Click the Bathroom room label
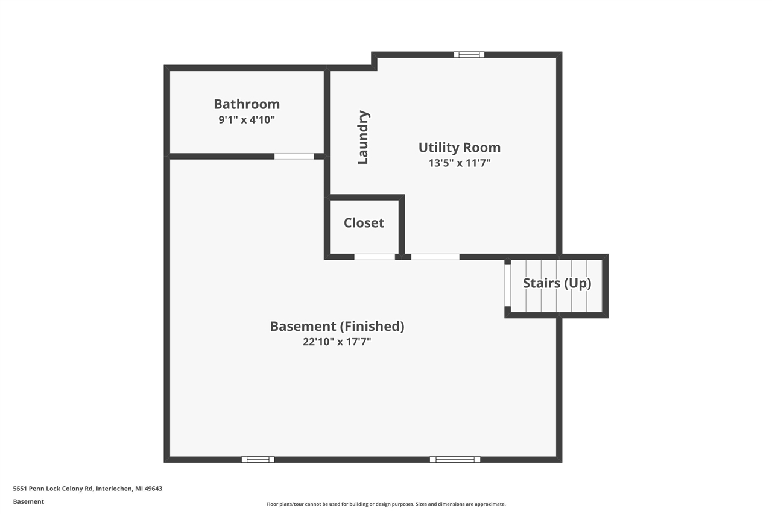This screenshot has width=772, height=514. tap(247, 104)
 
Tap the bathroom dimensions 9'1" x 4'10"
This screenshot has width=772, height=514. tap(247, 120)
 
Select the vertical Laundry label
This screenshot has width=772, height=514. tap(363, 137)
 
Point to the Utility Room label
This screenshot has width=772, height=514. tap(460, 148)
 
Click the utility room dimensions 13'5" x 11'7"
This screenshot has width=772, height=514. tap(460, 163)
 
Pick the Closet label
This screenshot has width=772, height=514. tap(364, 223)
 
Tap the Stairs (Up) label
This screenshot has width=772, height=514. tap(557, 283)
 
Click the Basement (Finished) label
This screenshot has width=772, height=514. tap(337, 327)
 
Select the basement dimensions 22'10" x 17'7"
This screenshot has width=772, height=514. tap(337, 342)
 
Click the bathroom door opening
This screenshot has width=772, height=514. tap(294, 157)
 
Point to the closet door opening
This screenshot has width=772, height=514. tap(375, 257)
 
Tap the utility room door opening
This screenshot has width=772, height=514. tap(435, 257)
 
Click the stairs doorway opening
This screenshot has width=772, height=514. tap(508, 285)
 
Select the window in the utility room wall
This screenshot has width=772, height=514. tap(469, 55)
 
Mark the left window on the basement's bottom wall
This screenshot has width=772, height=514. tap(258, 459)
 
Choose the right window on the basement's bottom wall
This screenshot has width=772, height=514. tap(455, 459)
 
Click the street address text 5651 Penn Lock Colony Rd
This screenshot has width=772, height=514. tap(53, 489)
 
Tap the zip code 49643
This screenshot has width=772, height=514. tap(153, 489)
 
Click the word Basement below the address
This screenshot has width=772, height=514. tap(28, 501)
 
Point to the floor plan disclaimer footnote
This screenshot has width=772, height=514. tap(386, 504)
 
